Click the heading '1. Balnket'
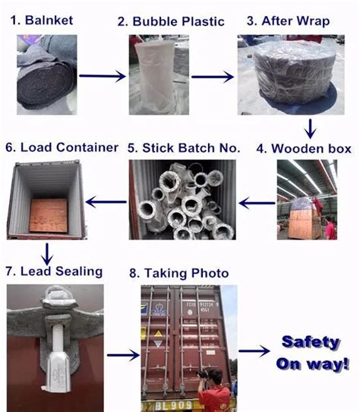point(43,20)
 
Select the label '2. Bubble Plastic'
point(171,21)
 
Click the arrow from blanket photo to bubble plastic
point(101,76)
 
